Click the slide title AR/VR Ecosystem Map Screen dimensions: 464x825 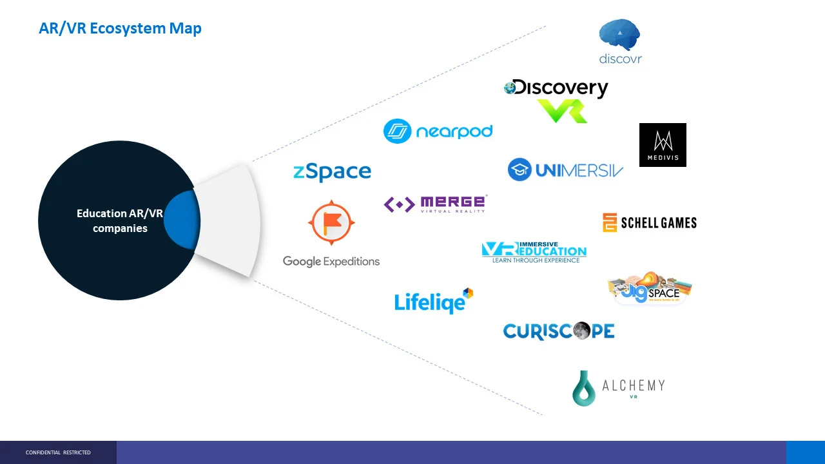tap(120, 28)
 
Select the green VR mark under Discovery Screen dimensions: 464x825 tap(562, 111)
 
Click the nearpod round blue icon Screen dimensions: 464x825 tap(398, 131)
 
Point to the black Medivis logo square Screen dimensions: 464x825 tap(663, 145)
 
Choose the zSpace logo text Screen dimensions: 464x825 tap(332, 171)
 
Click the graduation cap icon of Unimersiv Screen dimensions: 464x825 tap(519, 169)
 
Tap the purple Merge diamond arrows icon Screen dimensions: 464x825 tap(399, 205)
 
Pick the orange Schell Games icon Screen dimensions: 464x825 tap(610, 223)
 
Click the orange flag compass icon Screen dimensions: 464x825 tap(331, 222)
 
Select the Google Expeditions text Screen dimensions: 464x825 tap(331, 261)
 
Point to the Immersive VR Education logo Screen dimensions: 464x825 tap(534, 252)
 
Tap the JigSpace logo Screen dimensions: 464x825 tap(650, 288)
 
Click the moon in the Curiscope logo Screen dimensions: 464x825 tap(581, 331)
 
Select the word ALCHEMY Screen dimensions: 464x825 tap(633, 385)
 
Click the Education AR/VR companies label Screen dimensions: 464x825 tap(120, 220)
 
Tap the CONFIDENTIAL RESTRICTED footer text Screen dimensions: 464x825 tap(58, 452)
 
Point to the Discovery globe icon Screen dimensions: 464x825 tap(510, 88)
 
